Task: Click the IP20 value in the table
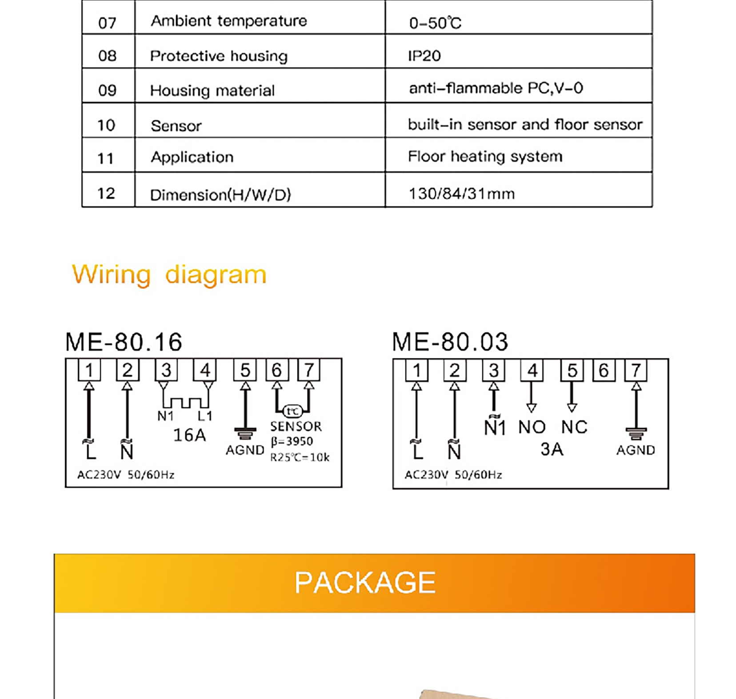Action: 424,56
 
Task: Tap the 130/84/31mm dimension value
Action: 461,194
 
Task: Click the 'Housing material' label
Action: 212,91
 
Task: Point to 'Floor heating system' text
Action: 485,157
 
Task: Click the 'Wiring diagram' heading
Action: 169,274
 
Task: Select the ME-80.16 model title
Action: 124,342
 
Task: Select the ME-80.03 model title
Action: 450,342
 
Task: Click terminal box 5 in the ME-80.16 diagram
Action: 245,370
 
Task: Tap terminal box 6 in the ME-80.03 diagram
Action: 604,370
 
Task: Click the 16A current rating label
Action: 189,435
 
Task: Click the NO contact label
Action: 532,427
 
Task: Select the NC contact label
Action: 574,427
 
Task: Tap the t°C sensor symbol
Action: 292,411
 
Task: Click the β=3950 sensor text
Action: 292,442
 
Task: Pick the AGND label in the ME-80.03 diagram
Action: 636,450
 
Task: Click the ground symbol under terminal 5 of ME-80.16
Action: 245,433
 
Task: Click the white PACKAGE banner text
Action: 365,582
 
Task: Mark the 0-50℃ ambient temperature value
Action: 435,23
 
